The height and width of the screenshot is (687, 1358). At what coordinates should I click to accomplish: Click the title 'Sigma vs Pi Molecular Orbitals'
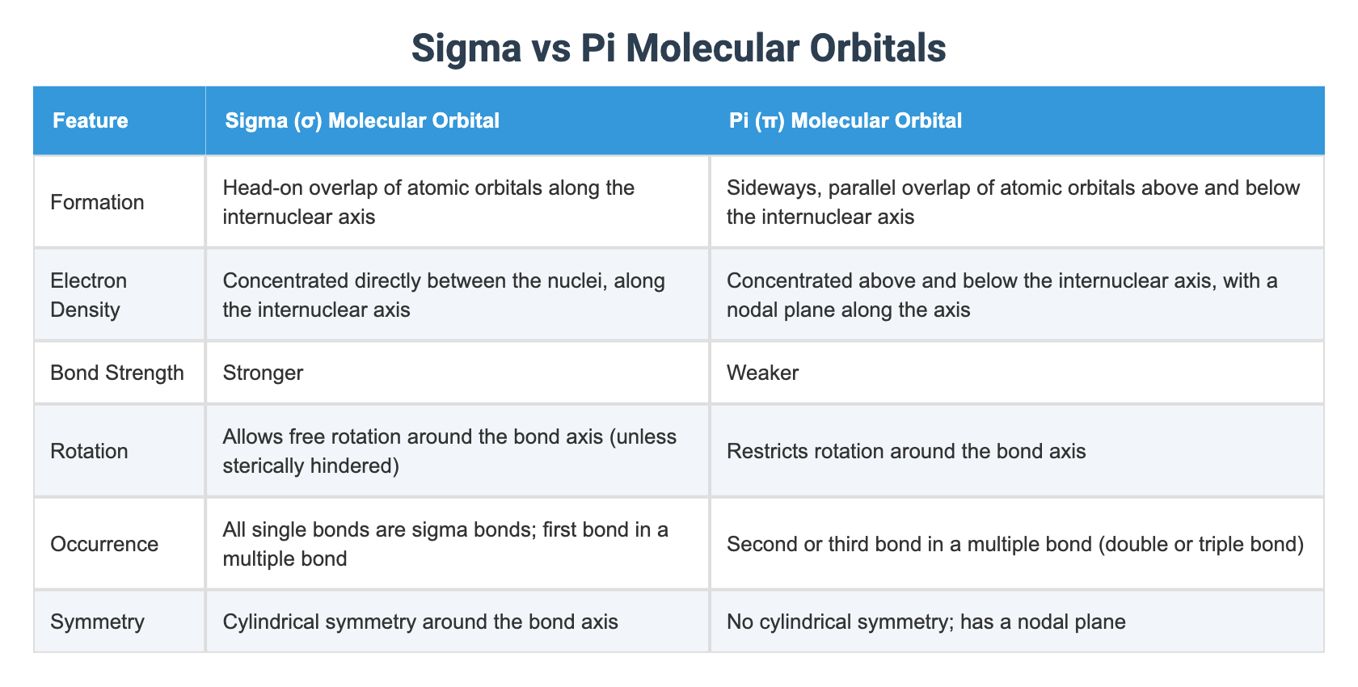(x=678, y=48)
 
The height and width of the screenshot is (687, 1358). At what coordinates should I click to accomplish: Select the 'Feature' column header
(x=91, y=120)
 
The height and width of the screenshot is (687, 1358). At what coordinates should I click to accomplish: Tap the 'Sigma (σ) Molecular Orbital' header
(x=362, y=120)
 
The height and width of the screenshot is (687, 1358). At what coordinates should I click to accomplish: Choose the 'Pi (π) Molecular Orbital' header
(x=846, y=120)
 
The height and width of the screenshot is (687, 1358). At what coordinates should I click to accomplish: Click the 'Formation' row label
(x=97, y=202)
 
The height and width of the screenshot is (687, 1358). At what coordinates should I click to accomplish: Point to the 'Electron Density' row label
(x=89, y=295)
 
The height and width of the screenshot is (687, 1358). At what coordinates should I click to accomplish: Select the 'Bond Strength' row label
(x=117, y=373)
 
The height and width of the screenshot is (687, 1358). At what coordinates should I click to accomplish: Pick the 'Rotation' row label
(x=89, y=450)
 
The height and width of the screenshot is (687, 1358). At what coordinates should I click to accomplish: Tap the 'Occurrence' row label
(x=104, y=544)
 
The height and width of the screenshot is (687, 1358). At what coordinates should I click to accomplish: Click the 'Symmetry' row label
(x=97, y=622)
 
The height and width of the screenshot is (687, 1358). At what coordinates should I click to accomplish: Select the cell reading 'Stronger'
(x=263, y=373)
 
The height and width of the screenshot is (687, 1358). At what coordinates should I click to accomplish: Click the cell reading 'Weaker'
(x=762, y=373)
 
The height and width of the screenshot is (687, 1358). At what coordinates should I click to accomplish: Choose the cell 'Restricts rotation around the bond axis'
(x=906, y=450)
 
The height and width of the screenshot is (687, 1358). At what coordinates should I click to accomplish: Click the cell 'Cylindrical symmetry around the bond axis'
(x=420, y=622)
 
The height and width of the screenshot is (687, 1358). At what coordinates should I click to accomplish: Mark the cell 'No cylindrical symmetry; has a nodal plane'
(x=926, y=622)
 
